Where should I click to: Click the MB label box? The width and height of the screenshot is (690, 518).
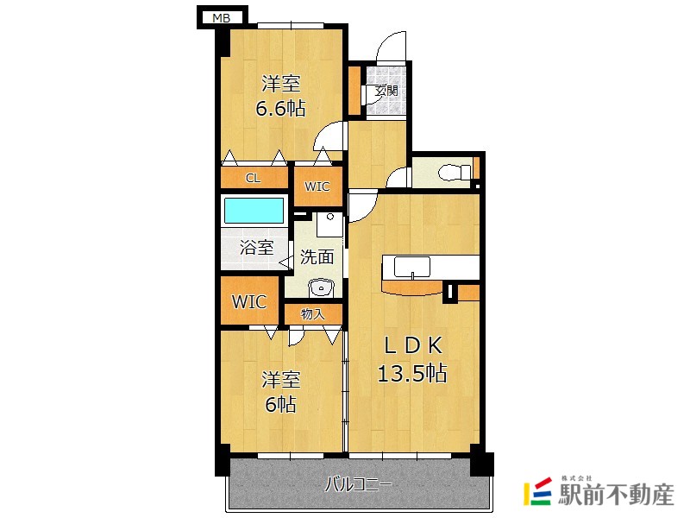point(222,17)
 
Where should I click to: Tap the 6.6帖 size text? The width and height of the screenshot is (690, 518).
point(281,108)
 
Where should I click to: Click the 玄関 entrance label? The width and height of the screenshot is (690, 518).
point(386,91)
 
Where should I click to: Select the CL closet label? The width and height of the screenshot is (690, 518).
point(253,178)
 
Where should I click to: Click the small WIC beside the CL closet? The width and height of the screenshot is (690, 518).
point(317,186)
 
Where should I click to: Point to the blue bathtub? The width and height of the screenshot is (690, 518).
point(254,211)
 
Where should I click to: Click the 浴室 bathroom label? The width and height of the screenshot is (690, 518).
point(256,247)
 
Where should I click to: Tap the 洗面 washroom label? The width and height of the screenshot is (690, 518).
point(317,256)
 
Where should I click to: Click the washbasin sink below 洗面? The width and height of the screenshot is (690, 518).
point(322,288)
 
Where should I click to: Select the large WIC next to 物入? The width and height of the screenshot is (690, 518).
point(249,301)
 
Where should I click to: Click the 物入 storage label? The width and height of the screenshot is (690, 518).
point(313,314)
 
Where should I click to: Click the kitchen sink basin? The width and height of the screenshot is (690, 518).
point(412,267)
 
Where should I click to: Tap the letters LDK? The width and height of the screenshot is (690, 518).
point(413,346)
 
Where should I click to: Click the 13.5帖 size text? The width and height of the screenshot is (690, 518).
point(412,373)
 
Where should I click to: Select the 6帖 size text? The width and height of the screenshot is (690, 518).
point(281,404)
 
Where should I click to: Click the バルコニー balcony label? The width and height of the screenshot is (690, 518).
point(358,485)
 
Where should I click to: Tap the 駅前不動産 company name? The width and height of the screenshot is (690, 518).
point(616,495)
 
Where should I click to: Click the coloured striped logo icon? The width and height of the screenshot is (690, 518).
point(537,491)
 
